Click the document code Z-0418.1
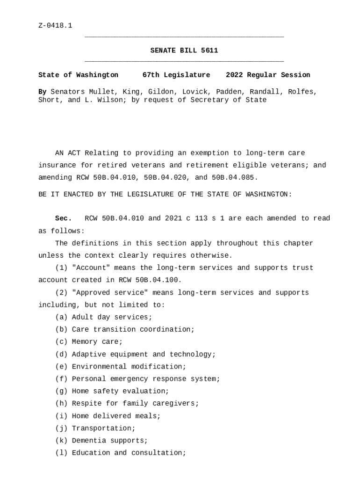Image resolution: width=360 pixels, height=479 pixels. (55, 25)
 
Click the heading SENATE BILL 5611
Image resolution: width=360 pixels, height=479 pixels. (184, 51)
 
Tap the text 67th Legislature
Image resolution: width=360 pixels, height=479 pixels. (176, 75)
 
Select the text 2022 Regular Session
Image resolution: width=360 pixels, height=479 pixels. (267, 75)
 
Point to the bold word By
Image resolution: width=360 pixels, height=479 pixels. (42, 92)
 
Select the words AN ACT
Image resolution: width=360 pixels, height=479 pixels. (68, 153)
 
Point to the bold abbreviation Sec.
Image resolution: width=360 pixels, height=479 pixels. (63, 218)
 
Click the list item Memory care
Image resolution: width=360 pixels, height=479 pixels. (97, 342)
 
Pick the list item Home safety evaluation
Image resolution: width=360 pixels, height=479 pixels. (120, 391)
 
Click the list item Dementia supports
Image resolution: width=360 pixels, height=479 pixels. (109, 441)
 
